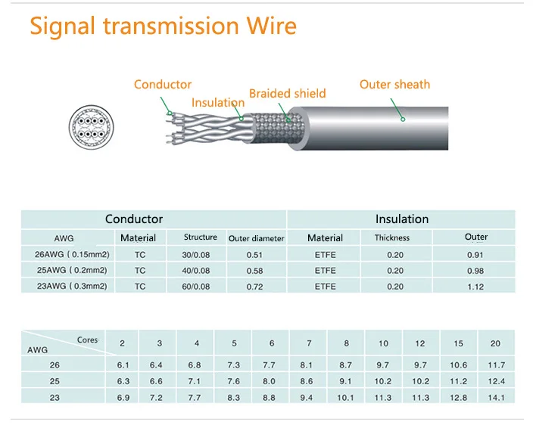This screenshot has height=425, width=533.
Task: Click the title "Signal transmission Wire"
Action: pyautogui.click(x=163, y=26)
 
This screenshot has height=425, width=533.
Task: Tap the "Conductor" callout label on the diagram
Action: pyautogui.click(x=163, y=85)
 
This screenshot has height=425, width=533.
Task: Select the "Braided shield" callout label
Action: pyautogui.click(x=287, y=94)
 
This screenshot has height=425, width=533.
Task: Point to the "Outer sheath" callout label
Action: pyautogui.click(x=394, y=84)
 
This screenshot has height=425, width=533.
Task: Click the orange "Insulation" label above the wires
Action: pyautogui.click(x=218, y=103)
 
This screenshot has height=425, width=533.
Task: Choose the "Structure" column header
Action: pyautogui.click(x=201, y=237)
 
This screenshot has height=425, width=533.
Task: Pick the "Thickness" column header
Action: pyautogui.click(x=392, y=237)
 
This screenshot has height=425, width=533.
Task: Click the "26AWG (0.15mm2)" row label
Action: pyautogui.click(x=64, y=254)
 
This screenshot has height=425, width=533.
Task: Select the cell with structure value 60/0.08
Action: pyautogui.click(x=197, y=286)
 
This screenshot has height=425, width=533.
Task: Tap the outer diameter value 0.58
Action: pyautogui.click(x=254, y=270)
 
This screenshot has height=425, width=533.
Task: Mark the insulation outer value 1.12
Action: pyautogui.click(x=475, y=286)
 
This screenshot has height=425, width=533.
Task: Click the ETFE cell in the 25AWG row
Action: pyautogui.click(x=325, y=270)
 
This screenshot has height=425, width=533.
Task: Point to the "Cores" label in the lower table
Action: pyautogui.click(x=88, y=340)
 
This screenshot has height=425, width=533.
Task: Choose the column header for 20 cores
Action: pyautogui.click(x=495, y=344)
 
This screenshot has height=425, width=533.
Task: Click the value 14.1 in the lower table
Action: pyautogui.click(x=495, y=397)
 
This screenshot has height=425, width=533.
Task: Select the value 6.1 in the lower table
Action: pyautogui.click(x=123, y=365)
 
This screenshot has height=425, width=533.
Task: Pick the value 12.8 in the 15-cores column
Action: pyautogui.click(x=458, y=397)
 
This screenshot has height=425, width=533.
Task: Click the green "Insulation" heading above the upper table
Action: pyautogui.click(x=401, y=219)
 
